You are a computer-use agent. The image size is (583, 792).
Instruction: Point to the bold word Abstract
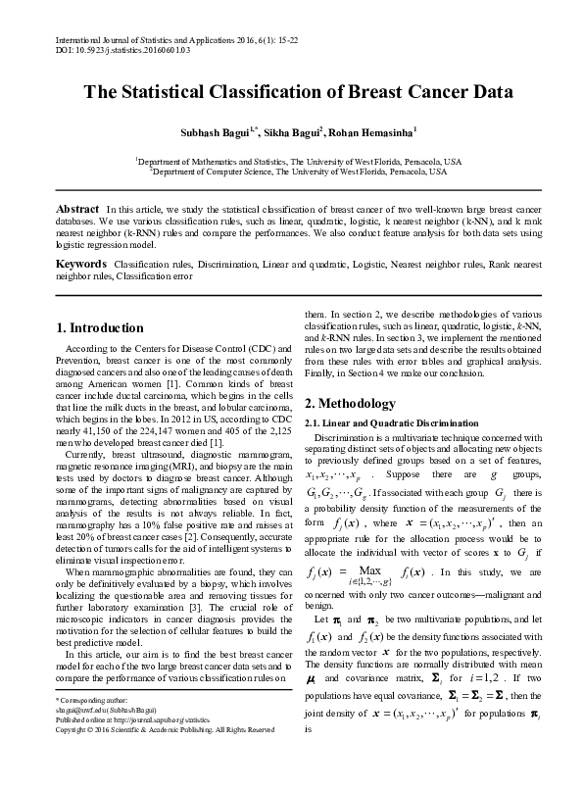[77, 209]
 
